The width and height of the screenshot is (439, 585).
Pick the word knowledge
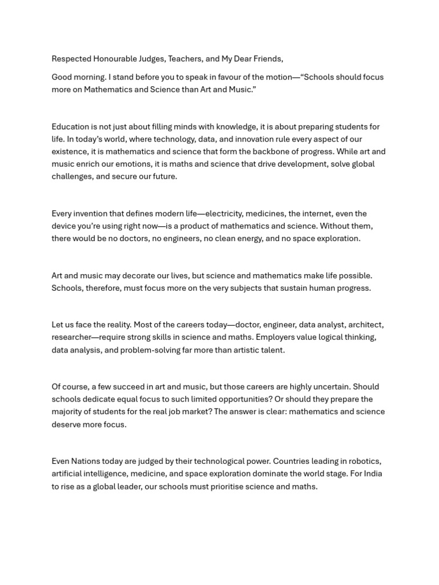(x=227, y=127)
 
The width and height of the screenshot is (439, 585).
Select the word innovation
(x=242, y=139)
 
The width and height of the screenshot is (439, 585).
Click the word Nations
(x=86, y=462)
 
